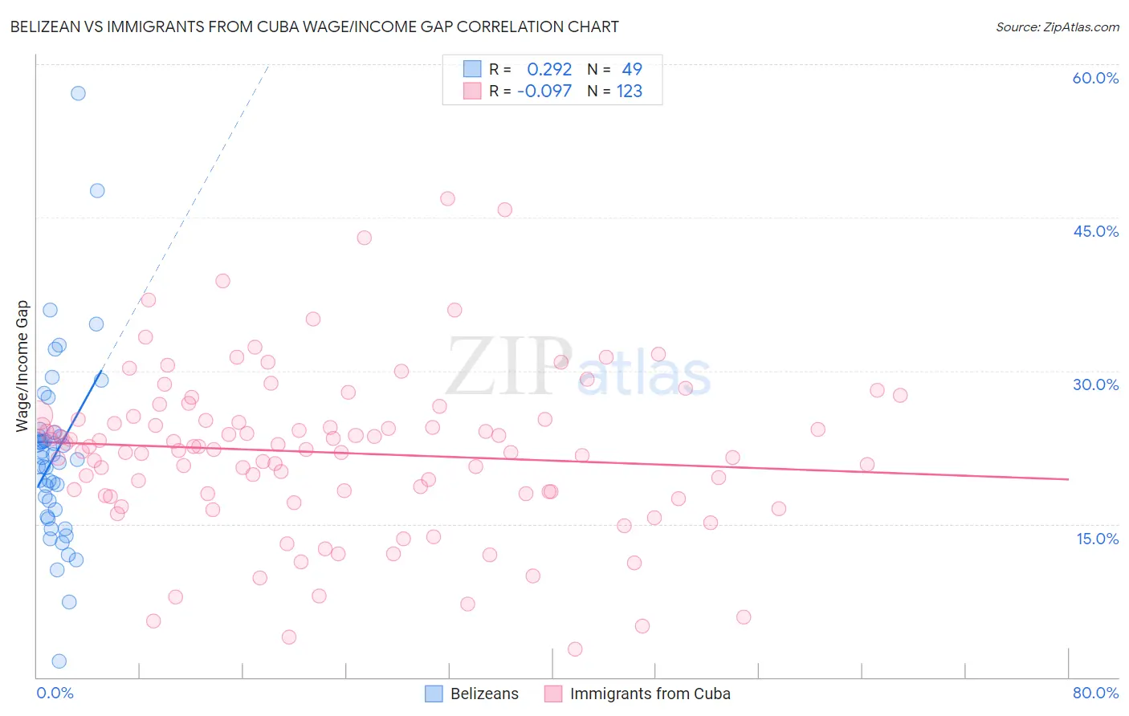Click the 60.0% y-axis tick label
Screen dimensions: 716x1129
(x=1095, y=78)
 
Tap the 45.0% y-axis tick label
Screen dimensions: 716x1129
(x=1095, y=231)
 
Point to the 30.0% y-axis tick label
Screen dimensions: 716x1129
(x=1095, y=384)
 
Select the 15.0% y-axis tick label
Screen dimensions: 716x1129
(x=1097, y=539)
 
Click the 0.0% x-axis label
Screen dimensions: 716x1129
(x=55, y=693)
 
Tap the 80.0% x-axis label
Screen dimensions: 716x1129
(x=1095, y=693)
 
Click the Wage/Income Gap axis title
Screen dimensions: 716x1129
(x=22, y=366)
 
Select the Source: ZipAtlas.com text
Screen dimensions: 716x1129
(x=1057, y=27)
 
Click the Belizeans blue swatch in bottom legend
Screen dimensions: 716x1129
(x=434, y=694)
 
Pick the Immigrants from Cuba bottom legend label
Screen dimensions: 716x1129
(x=650, y=694)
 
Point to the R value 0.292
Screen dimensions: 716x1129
(x=549, y=70)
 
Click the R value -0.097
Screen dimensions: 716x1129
(x=544, y=92)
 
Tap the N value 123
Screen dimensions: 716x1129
(x=629, y=92)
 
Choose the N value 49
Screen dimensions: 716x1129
(x=632, y=70)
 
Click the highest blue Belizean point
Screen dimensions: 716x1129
(x=78, y=93)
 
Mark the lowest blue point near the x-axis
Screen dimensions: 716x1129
(x=59, y=661)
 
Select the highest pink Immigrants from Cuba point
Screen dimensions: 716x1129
(x=447, y=198)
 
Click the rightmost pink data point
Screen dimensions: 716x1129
(x=900, y=395)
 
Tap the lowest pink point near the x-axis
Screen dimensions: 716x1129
(x=575, y=649)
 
